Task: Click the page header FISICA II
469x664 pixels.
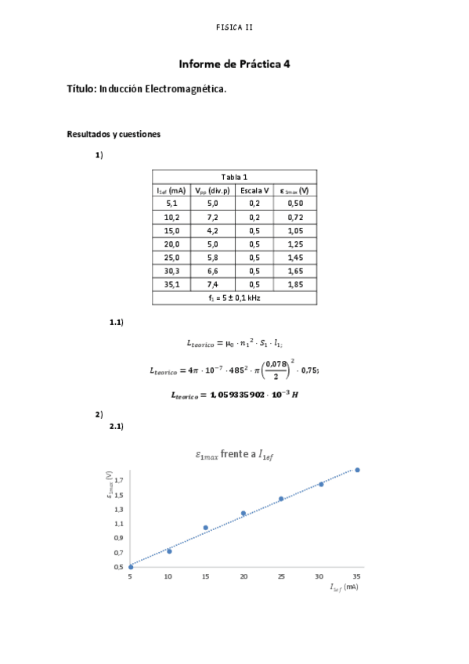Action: point(234,27)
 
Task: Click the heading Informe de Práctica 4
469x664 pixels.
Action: point(234,65)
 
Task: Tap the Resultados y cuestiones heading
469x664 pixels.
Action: point(114,135)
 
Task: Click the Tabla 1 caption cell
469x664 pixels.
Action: point(234,177)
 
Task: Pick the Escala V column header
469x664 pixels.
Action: point(254,190)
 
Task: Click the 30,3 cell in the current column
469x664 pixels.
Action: point(171,271)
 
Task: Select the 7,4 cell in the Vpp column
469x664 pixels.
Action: point(212,284)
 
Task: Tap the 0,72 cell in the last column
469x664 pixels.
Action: point(295,217)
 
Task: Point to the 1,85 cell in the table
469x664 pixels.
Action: point(295,284)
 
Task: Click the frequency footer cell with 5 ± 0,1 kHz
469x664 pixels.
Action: point(234,298)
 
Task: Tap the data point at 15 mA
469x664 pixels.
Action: point(206,528)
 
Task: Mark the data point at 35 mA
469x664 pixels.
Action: point(357,470)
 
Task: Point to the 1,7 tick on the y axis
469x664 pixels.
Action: point(119,480)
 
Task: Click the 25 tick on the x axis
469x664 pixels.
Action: point(281,576)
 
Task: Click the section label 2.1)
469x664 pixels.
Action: point(116,427)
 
